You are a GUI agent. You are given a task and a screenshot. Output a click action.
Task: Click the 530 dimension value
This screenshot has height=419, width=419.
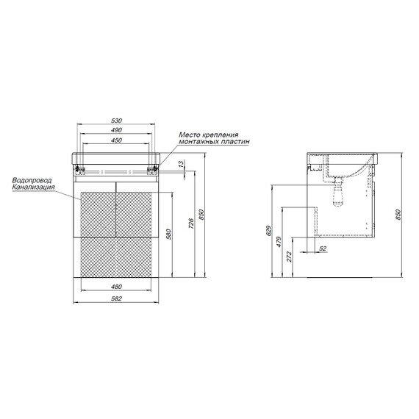[116, 121]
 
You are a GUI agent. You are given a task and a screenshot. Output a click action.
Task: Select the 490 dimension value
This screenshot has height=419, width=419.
[116, 130]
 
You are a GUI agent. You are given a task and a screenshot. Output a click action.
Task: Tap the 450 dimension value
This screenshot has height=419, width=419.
[116, 140]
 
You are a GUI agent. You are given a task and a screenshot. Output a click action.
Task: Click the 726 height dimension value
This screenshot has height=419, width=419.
[191, 223]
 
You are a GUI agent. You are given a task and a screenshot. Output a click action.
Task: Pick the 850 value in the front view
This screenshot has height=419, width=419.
[201, 215]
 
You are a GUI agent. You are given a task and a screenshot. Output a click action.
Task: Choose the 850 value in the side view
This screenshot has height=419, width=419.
[398, 215]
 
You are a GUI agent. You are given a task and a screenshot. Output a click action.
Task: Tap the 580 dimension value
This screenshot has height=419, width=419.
[168, 234]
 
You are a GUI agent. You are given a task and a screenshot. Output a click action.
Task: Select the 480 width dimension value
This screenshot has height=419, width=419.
[116, 287]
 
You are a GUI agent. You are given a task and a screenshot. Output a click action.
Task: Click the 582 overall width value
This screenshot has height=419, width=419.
[116, 298]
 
